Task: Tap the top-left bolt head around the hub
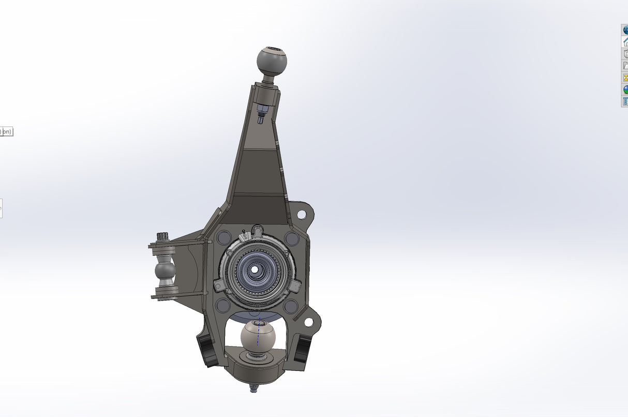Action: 223,238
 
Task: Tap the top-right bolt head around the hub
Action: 291,238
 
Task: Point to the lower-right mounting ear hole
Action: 308,322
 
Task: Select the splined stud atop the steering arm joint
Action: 162,236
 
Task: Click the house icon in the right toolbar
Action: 625,42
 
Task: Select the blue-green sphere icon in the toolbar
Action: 625,89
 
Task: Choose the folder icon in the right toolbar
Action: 625,66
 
